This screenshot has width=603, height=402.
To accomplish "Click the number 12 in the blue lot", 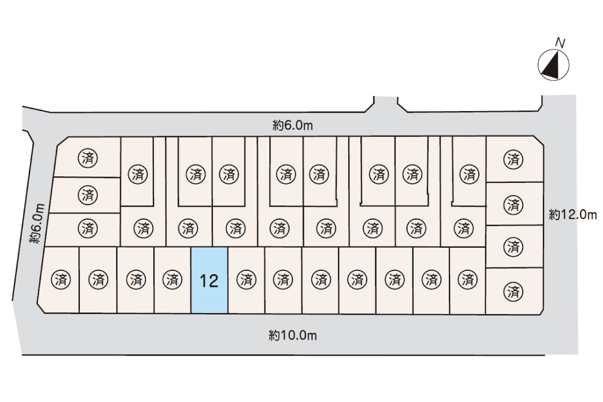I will [x=209, y=281].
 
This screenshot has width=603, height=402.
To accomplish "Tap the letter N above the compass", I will [x=560, y=43].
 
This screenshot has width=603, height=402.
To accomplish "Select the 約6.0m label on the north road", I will [x=293, y=126].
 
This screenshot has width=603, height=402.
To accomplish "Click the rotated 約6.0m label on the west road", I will [x=38, y=224].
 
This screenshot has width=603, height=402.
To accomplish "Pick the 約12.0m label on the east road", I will [x=572, y=215].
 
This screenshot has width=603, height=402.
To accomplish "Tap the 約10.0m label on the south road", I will [x=292, y=335].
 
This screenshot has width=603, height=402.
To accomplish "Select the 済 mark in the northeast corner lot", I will [x=513, y=160].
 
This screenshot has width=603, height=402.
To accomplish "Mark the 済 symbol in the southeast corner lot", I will [x=513, y=291].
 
